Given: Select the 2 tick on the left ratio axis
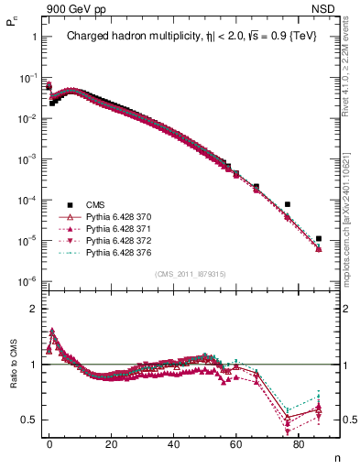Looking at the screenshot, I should coord(34,310).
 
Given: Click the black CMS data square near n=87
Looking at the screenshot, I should coord(319,239).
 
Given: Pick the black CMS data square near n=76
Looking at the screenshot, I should coord(288,204).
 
